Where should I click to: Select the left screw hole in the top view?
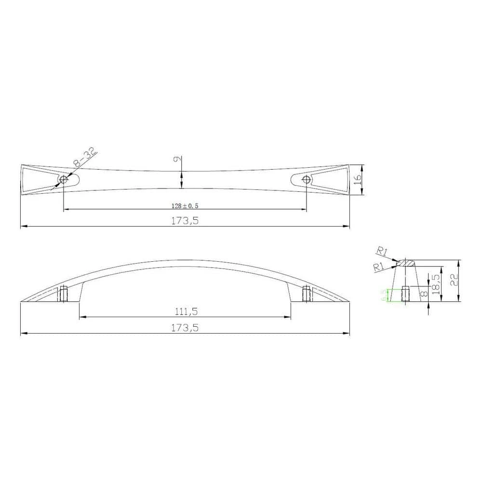(63, 180)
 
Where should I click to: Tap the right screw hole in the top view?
(306, 180)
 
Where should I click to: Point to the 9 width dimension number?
(176, 161)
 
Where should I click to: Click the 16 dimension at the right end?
(357, 179)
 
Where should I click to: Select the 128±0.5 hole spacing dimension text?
(185, 206)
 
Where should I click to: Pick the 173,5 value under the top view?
(185, 221)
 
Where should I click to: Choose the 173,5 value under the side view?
(185, 327)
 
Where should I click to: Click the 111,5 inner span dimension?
(185, 311)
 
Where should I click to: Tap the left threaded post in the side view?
(64, 293)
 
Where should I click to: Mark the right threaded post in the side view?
(306, 293)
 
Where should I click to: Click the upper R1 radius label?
(382, 251)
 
